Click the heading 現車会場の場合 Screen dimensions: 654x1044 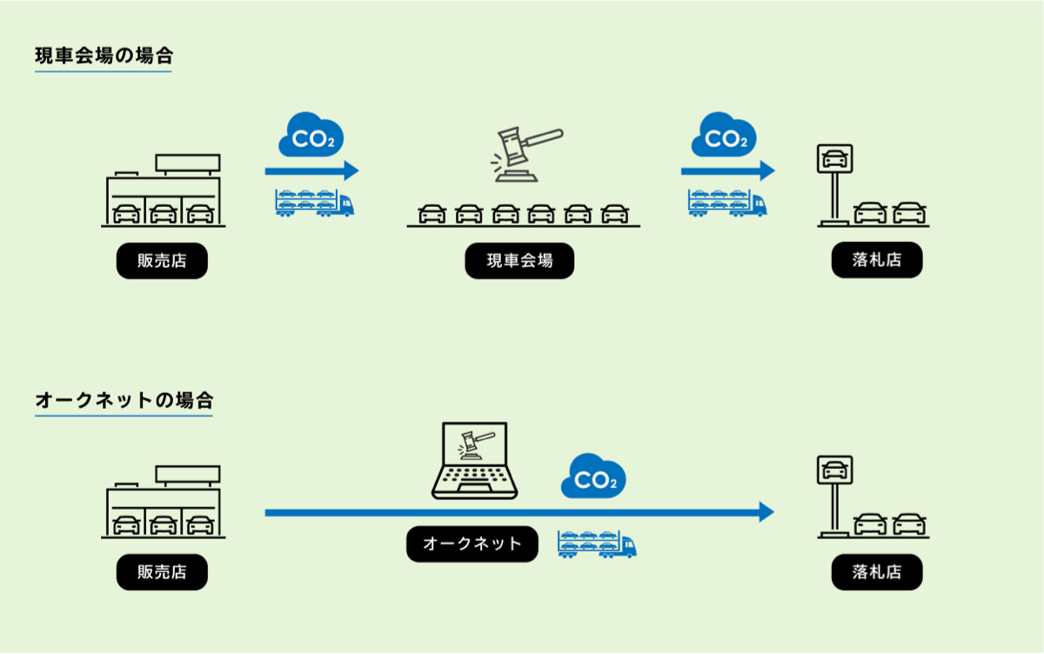[x=104, y=57]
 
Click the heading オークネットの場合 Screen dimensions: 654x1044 [x=124, y=401]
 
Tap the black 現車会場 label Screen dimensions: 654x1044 [x=519, y=261]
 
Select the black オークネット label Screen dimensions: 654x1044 [x=472, y=544]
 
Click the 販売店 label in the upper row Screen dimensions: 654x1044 [x=162, y=261]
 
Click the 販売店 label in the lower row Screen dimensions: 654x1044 [x=162, y=572]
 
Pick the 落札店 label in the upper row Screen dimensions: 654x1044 [x=876, y=260]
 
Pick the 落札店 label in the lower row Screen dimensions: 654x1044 [x=876, y=572]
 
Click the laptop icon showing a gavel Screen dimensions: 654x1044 [x=474, y=461]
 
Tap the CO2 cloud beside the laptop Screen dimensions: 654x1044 [x=593, y=477]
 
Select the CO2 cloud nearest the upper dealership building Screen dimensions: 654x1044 [x=311, y=136]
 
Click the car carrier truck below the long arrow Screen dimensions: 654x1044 [x=597, y=544]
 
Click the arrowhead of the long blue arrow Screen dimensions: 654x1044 [x=766, y=512]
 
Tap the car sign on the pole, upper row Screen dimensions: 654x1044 [x=834, y=159]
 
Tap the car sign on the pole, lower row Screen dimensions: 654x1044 [x=834, y=470]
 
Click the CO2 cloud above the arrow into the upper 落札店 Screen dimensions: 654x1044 [x=723, y=136]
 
